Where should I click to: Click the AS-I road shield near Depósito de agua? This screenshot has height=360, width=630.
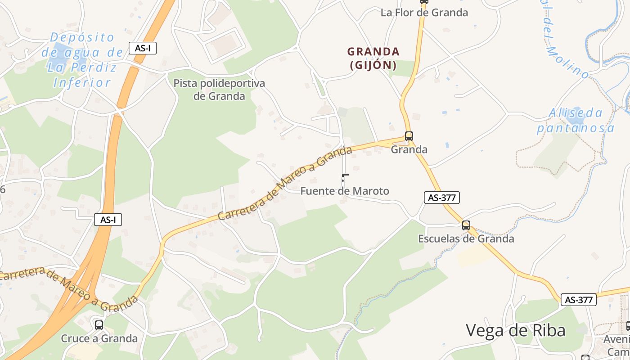pos(143,48)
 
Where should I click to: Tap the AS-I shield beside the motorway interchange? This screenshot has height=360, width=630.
pos(108,220)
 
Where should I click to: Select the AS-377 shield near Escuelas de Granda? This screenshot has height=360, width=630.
pos(441,198)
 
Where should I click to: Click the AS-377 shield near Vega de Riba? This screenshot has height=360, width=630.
pos(578,300)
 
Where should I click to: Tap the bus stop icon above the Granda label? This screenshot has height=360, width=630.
pos(409,136)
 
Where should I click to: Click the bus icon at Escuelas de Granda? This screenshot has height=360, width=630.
pos(466,225)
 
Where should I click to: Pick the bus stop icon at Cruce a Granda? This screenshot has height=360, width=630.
pos(99,325)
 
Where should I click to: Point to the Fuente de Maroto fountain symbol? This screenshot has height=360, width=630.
pos(345,179)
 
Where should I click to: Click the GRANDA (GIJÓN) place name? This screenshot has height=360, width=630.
pos(373,58)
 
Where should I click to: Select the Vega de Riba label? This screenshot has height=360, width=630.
pos(515,331)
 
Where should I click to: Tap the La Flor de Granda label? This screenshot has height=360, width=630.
pos(424,13)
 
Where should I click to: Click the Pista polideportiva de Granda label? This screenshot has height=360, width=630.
pos(219,90)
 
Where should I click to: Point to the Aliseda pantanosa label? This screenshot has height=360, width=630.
pos(576,120)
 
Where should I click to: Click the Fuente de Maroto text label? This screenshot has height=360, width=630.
pos(344,191)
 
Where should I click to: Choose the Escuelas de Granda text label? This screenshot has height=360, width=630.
pos(466,239)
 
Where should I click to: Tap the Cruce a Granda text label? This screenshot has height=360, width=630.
pos(99,338)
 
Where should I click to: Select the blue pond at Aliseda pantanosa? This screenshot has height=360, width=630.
pos(572,118)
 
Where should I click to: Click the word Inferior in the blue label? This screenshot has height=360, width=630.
pos(81,83)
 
